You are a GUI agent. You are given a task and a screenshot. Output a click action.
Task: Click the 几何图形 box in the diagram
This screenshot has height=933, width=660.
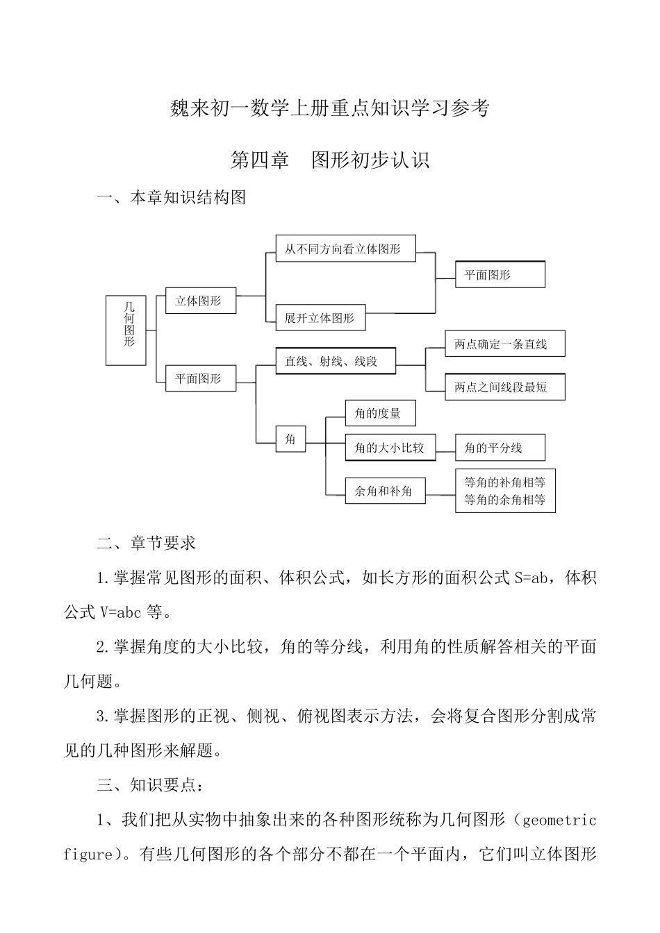pos(126,330)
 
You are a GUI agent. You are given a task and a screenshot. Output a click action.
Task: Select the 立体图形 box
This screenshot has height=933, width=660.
pos(200,301)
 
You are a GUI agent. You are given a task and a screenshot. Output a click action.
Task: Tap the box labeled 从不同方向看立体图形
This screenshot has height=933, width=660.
pos(345,249)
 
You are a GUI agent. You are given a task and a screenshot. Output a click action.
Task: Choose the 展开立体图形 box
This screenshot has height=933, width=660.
pos(320,318)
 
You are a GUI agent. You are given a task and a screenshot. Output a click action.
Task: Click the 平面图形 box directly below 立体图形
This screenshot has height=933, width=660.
pos(200,378)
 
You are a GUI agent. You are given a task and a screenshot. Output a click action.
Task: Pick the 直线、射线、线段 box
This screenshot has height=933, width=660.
pos(336,361)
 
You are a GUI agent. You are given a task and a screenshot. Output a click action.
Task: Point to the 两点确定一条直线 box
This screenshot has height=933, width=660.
pos(504,344)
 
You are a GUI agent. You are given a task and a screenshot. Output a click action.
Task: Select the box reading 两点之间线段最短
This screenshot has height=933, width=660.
pos(504,387)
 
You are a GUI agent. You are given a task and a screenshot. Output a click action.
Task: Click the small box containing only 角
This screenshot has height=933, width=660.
pos(290,439)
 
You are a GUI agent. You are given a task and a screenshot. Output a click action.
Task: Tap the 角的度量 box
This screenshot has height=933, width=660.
pos(381,413)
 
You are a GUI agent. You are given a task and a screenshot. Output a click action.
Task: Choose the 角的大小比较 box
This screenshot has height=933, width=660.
pos(390,448)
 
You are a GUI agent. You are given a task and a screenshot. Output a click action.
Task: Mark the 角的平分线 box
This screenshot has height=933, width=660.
pos(500,448)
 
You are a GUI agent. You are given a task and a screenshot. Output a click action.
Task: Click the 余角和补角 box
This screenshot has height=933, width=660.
pos(385,491)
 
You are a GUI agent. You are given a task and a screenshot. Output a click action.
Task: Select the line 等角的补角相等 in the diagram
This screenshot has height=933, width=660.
pos(505,482)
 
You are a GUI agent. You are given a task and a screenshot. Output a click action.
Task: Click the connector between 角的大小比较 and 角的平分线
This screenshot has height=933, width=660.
pos(445,448)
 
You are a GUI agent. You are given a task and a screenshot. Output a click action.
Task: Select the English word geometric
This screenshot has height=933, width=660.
pos(558,821)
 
